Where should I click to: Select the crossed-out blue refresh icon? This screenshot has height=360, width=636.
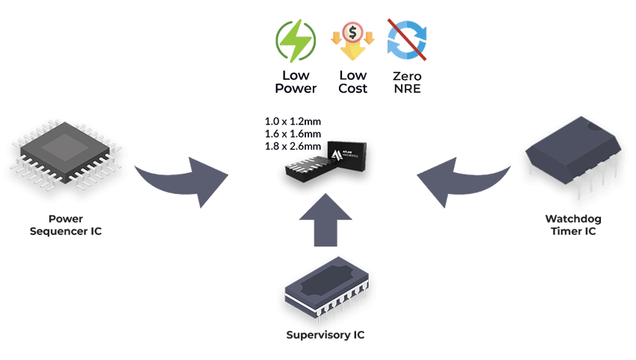point(406,40)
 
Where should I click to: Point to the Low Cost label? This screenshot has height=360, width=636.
point(351,82)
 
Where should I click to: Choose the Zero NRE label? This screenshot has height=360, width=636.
point(406,82)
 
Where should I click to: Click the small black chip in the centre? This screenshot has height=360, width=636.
point(329,160)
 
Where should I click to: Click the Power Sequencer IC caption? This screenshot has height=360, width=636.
point(65,225)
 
